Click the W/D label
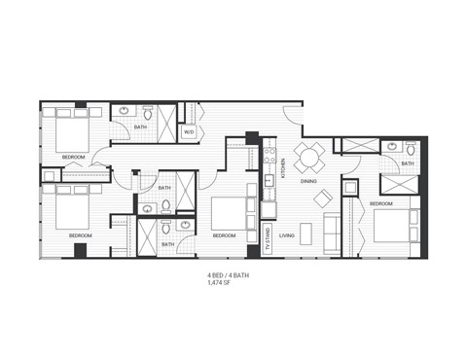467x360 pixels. (x=189, y=131)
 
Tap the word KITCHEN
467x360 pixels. (x=283, y=170)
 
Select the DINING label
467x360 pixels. (x=308, y=182)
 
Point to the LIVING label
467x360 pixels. (x=287, y=234)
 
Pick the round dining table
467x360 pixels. (x=309, y=157)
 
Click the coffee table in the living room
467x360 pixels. (x=307, y=234)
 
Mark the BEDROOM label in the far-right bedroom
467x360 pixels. (x=380, y=203)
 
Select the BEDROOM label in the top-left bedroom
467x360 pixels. (x=73, y=157)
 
